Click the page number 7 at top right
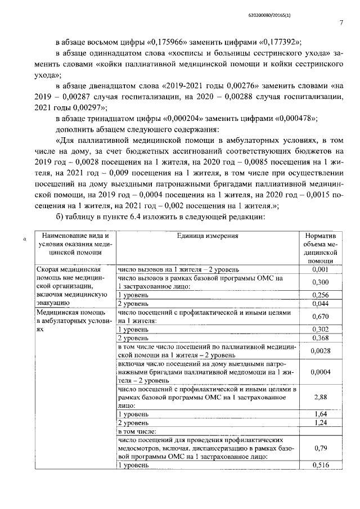point(341,22)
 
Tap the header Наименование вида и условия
point(74,244)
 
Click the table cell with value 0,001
point(319,269)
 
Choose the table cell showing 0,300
point(319,282)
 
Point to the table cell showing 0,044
point(319,304)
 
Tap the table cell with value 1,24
point(319,422)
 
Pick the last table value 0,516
point(319,465)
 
